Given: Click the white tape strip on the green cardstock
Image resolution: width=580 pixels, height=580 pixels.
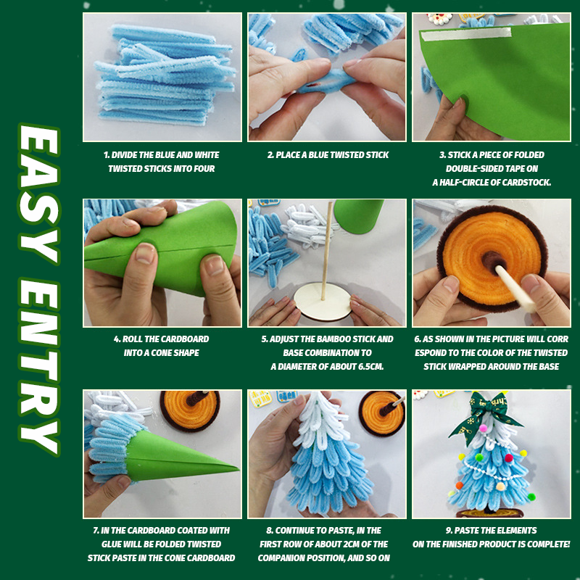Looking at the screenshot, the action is coord(466,33).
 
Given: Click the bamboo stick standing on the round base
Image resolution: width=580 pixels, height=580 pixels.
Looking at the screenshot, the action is coord(327,251).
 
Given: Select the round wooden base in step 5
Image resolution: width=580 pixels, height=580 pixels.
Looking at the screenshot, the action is coord(322,301).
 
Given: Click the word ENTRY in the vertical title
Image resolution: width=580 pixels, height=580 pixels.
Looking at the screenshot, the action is coord(39,367).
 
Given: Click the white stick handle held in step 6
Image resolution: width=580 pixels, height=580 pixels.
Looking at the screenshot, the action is coord(515,289).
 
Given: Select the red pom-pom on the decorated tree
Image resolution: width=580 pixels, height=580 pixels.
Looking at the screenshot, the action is coord(509,458).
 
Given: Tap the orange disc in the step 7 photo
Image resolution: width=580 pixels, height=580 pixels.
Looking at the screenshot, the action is coord(190,411).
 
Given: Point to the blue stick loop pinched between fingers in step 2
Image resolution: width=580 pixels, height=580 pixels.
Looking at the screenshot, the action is coord(326,81).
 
